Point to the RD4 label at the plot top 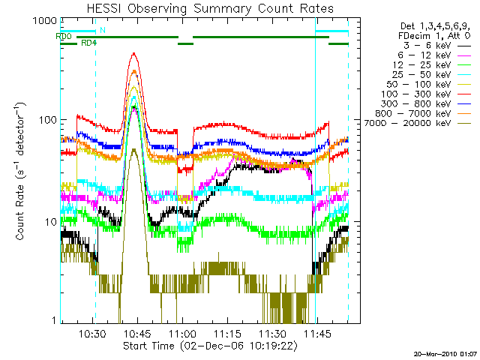click(88, 43)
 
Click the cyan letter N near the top click(102, 30)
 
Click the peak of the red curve click(133, 53)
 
